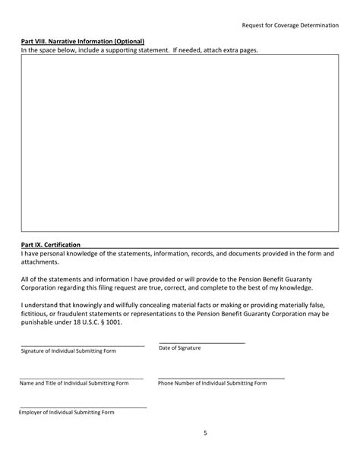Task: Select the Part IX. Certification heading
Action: click(50, 245)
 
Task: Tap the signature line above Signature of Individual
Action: click(82, 346)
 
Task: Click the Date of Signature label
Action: click(179, 347)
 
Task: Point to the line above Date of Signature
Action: click(202, 343)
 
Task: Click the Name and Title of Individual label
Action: click(74, 383)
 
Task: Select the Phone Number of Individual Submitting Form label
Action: click(213, 383)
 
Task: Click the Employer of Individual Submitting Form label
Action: click(67, 412)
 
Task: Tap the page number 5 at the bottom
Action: click(205, 433)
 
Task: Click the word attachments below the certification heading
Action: click(39, 262)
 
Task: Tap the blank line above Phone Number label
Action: click(221, 378)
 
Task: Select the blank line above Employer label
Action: click(83, 407)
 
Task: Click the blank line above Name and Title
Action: click(81, 378)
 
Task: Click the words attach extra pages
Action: click(229, 50)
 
